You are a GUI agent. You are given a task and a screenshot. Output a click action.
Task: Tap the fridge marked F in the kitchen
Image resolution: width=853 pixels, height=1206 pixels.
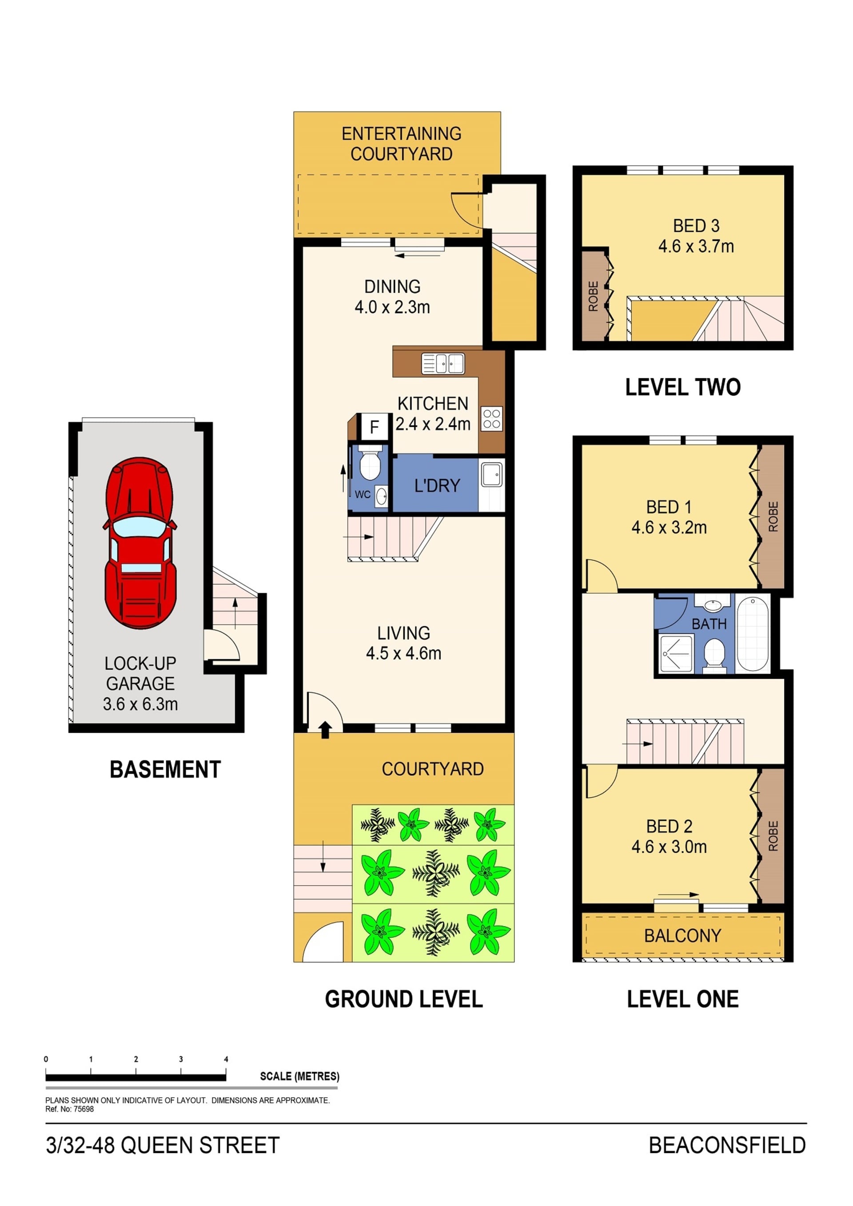(374, 427)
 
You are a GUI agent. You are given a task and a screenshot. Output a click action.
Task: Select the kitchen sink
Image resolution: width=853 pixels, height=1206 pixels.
(443, 363)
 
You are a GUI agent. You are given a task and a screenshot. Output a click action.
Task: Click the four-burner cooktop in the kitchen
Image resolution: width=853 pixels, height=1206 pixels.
(492, 419)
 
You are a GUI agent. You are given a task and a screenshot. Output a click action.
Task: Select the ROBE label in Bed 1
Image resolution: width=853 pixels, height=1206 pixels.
(773, 517)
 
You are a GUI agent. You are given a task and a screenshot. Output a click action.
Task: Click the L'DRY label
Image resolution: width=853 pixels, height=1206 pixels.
(437, 485)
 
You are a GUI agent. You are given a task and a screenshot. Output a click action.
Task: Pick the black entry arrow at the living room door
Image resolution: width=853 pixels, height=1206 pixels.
(325, 730)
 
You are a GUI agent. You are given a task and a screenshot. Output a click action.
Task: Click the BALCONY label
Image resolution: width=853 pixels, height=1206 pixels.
(682, 935)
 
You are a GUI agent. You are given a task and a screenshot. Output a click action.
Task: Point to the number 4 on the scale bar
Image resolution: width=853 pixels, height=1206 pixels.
(227, 1059)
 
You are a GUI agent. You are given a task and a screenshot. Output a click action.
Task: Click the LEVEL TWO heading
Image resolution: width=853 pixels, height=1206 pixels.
(682, 387)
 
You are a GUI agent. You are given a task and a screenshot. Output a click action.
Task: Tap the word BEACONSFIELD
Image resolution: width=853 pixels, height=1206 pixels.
(727, 1145)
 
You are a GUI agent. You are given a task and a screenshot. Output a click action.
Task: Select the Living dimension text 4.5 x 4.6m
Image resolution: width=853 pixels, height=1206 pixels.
(403, 653)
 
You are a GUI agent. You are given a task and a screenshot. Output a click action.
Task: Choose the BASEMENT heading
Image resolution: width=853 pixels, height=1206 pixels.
(165, 770)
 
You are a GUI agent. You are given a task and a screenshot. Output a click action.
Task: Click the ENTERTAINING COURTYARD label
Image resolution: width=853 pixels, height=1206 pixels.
(401, 144)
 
